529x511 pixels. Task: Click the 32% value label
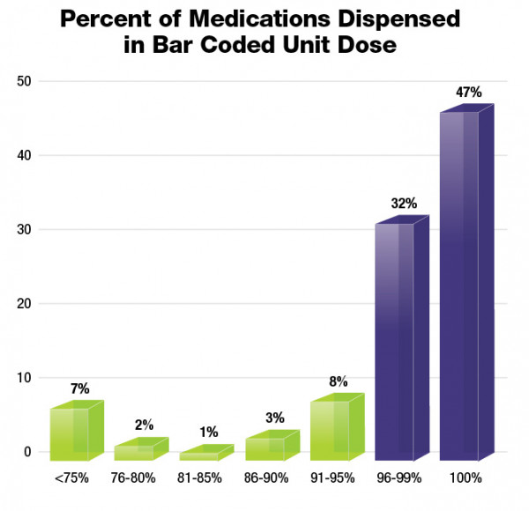coord(405,203)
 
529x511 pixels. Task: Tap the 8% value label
coord(339,381)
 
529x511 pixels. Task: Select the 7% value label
coord(79,388)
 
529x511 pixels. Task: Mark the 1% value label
coord(209,432)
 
